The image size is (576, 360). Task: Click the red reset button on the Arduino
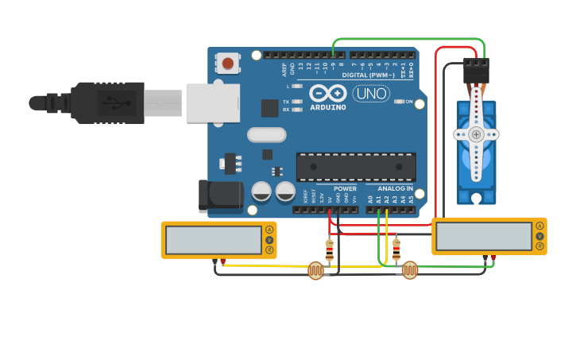click(228, 63)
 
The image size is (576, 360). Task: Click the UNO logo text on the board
click(371, 93)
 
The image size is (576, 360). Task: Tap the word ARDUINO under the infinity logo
click(328, 106)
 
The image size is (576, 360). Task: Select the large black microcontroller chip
click(356, 167)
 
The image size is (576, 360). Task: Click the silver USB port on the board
click(213, 103)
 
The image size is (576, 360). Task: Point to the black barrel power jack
click(220, 196)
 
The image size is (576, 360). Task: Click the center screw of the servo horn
click(476, 134)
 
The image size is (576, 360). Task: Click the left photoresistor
click(316, 271)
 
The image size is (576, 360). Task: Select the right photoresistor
click(409, 270)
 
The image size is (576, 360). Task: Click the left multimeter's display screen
click(212, 239)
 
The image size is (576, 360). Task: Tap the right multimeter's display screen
click(484, 236)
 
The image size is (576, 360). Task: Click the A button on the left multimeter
click(270, 230)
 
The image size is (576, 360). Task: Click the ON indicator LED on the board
click(400, 102)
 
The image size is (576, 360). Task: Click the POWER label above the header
click(345, 188)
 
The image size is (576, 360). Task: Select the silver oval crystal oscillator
click(266, 135)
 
